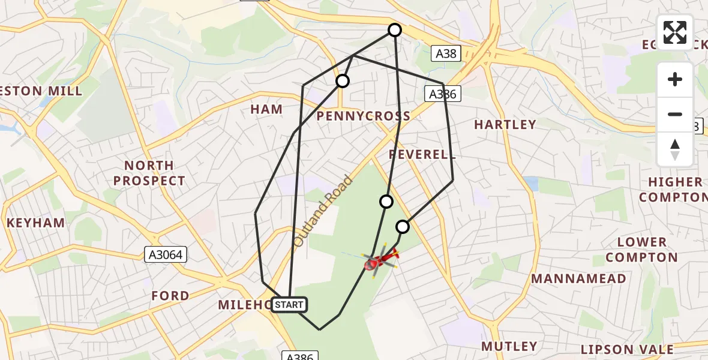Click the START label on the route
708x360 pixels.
(289, 305)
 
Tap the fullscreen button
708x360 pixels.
(675, 32)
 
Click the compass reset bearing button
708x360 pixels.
(675, 149)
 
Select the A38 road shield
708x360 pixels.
(446, 53)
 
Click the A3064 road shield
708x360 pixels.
(166, 255)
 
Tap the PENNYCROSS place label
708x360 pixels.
(363, 116)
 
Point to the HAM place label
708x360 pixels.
(266, 109)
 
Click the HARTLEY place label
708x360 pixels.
(505, 125)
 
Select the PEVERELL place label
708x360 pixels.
(419, 155)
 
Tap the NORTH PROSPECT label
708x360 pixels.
(149, 173)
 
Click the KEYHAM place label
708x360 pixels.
(35, 223)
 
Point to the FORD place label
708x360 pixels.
(170, 296)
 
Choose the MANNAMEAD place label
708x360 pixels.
(578, 278)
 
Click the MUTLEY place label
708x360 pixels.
(509, 346)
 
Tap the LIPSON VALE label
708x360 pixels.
(627, 349)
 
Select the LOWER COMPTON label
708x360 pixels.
(641, 250)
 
